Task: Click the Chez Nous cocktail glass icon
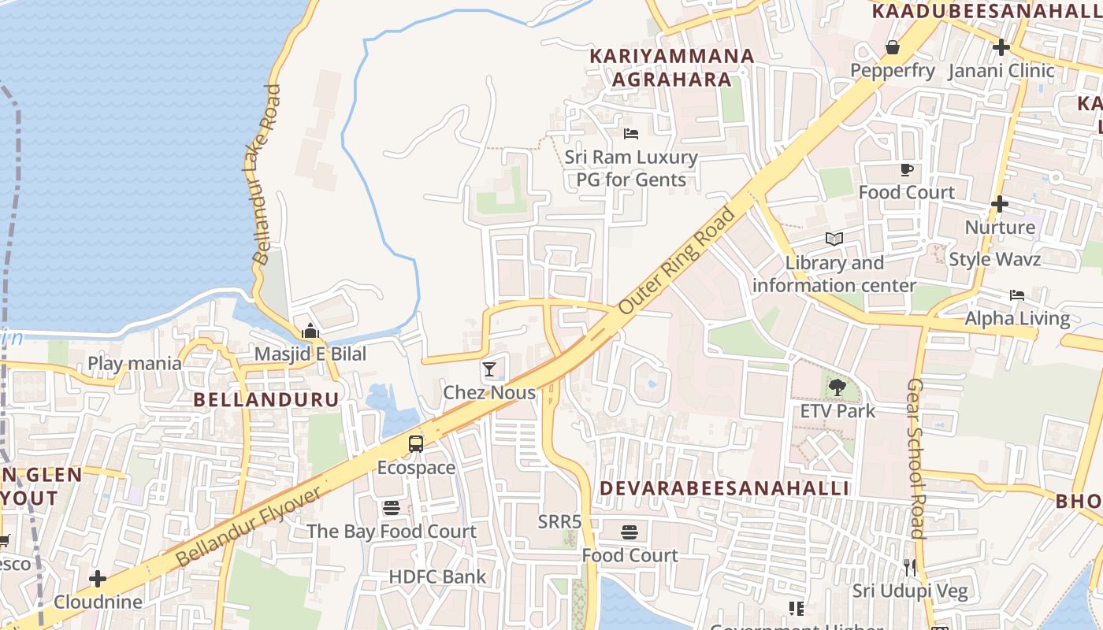489,369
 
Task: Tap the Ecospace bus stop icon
416,444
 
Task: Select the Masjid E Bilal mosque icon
310,331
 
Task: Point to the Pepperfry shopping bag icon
893,47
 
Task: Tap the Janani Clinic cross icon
1001,47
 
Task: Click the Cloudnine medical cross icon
98,579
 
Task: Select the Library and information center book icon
834,239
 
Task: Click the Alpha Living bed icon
1017,295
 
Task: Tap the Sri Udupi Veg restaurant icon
910,567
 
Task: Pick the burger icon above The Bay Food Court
392,508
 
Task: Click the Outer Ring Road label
677,261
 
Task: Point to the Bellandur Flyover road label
248,526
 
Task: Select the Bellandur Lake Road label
266,174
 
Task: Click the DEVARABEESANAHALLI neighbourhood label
724,488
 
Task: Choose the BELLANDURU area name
266,399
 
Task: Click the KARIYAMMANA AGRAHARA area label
672,68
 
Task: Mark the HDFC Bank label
437,576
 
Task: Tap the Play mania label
135,364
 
